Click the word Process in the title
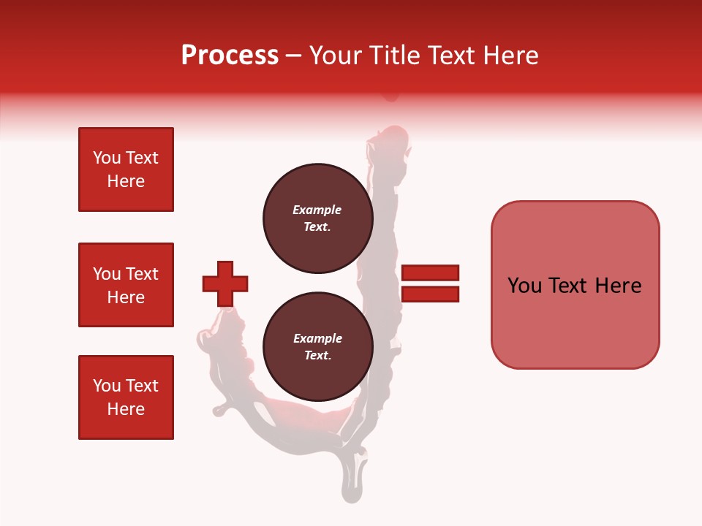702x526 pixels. tap(230, 56)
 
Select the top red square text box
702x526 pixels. tap(126, 169)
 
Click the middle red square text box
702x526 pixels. tap(126, 285)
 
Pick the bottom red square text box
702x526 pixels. tap(126, 397)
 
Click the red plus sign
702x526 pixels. tap(225, 283)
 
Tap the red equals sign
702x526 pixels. tap(430, 283)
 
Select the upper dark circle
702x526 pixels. tap(317, 218)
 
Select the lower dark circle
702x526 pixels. tap(317, 346)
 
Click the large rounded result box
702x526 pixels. tap(575, 285)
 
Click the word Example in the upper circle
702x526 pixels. tap(317, 210)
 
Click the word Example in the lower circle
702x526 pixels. tap(317, 338)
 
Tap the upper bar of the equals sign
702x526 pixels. tap(430, 272)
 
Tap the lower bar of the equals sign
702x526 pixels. tap(430, 294)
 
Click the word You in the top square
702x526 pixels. tap(106, 158)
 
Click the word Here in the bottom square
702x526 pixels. tap(126, 409)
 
